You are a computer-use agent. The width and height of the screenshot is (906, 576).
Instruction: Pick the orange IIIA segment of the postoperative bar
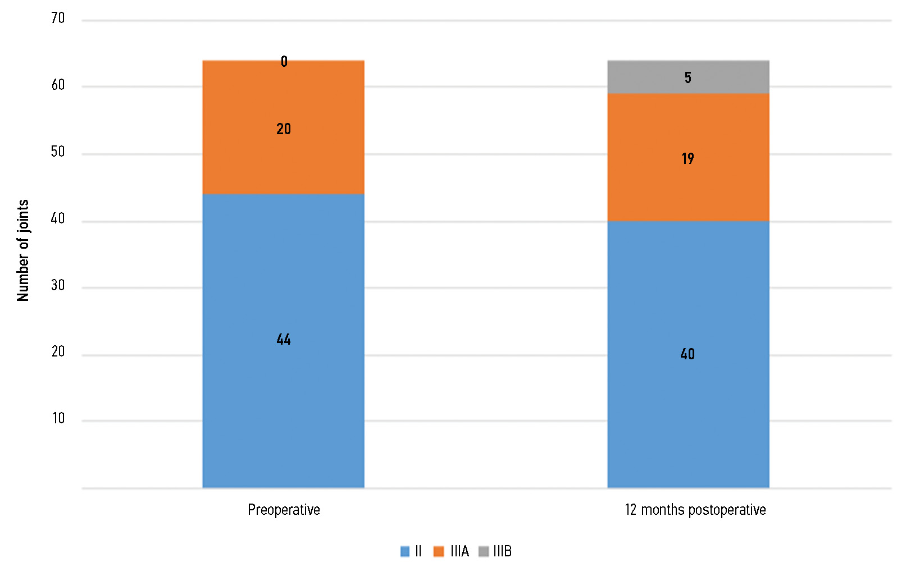[688, 185]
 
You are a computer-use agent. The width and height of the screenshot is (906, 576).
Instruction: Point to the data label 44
[284, 339]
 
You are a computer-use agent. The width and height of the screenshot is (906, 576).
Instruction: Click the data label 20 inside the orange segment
[284, 129]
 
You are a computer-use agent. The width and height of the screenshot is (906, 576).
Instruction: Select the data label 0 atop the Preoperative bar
[284, 61]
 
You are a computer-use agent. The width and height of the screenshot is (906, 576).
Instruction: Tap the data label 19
[688, 159]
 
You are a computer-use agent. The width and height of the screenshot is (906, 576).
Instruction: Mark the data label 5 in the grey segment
[688, 77]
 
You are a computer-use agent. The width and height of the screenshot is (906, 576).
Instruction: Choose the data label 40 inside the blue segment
[688, 354]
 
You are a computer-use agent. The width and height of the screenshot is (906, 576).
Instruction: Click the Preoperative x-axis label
[284, 510]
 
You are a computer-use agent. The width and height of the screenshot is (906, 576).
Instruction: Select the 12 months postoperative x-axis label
[695, 510]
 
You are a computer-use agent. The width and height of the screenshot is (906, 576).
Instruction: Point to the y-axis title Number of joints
[23, 250]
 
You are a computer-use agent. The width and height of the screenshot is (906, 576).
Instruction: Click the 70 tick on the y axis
[58, 19]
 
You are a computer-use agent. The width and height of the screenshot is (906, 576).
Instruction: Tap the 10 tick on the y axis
[58, 418]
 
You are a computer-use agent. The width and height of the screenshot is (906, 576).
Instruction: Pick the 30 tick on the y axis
[58, 285]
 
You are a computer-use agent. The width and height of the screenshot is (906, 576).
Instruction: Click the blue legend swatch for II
[405, 551]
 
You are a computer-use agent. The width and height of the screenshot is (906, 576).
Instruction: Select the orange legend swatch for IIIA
[439, 551]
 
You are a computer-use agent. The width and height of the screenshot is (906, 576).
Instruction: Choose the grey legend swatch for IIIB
[483, 551]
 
